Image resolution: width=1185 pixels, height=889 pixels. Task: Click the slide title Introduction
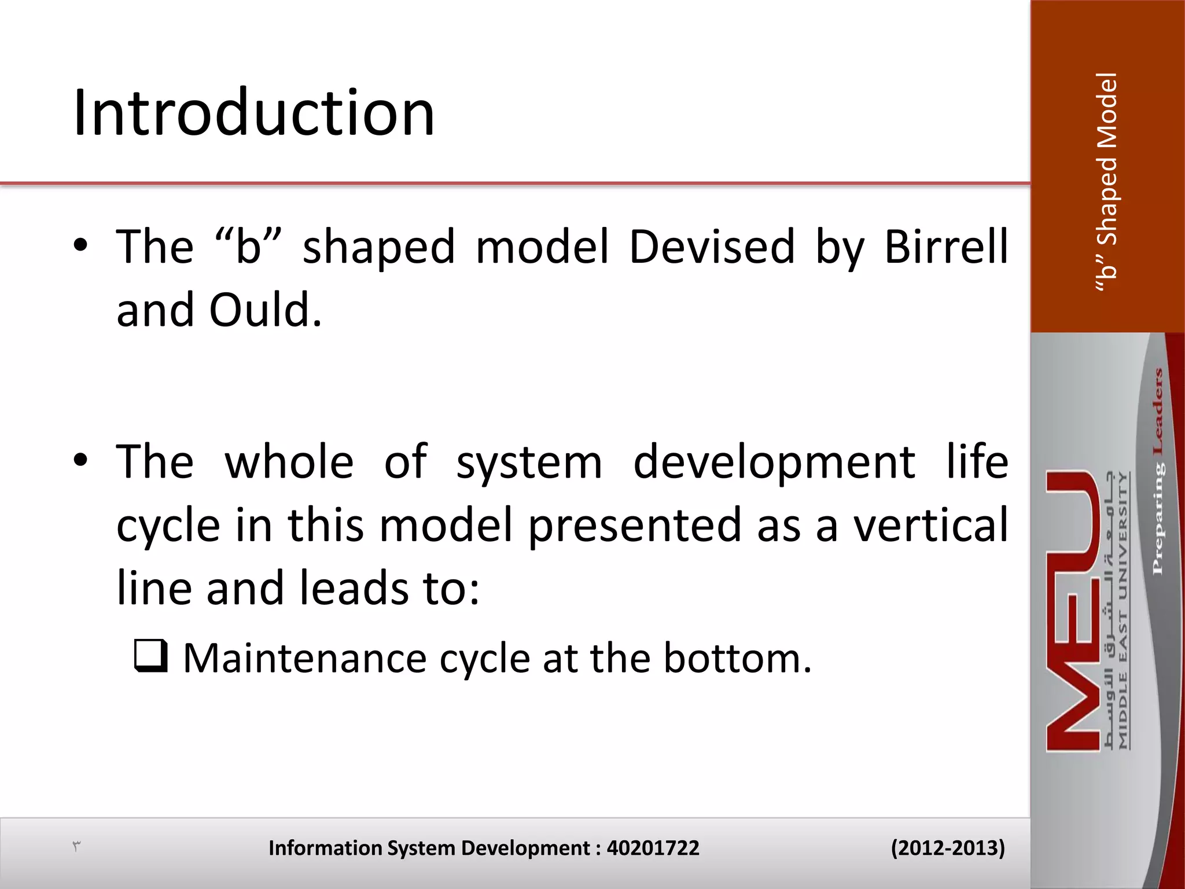tap(253, 113)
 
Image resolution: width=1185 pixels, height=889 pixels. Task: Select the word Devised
tap(712, 247)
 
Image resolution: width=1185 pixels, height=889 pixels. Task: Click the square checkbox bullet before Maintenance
tap(151, 656)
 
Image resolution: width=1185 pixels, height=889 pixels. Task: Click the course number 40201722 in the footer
tap(653, 848)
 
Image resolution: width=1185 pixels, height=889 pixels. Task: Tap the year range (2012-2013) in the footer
tap(947, 848)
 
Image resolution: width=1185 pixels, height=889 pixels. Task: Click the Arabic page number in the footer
tap(76, 847)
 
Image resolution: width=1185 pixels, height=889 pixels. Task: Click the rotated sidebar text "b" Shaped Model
tap(1107, 182)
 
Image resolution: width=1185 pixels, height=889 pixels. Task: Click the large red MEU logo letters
tap(1073, 611)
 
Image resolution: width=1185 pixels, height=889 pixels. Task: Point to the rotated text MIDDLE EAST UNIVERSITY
tap(1123, 611)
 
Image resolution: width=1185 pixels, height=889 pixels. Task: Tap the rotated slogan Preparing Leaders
tap(1157, 472)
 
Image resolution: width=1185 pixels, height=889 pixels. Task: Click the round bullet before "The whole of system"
tap(80, 461)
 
